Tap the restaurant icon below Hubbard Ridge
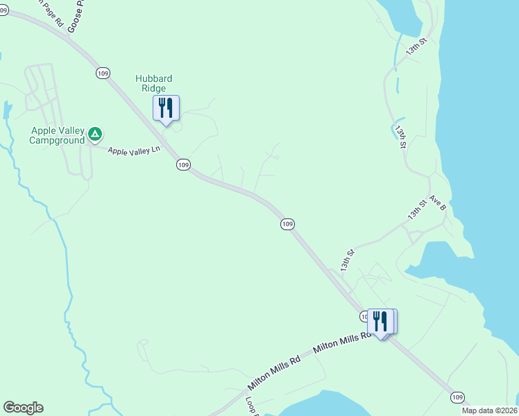coord(166,108)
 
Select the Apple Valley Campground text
coord(57,135)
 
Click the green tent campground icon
coord(96,133)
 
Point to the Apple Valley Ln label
coord(133,149)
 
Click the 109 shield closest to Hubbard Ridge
coord(103,73)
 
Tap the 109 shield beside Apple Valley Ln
coord(182,164)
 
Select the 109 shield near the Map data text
coord(457,397)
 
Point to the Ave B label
coord(436,202)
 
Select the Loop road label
coord(252,406)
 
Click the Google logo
coord(23,408)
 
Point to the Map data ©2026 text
coord(490,410)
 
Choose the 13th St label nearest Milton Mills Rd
coord(347,260)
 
